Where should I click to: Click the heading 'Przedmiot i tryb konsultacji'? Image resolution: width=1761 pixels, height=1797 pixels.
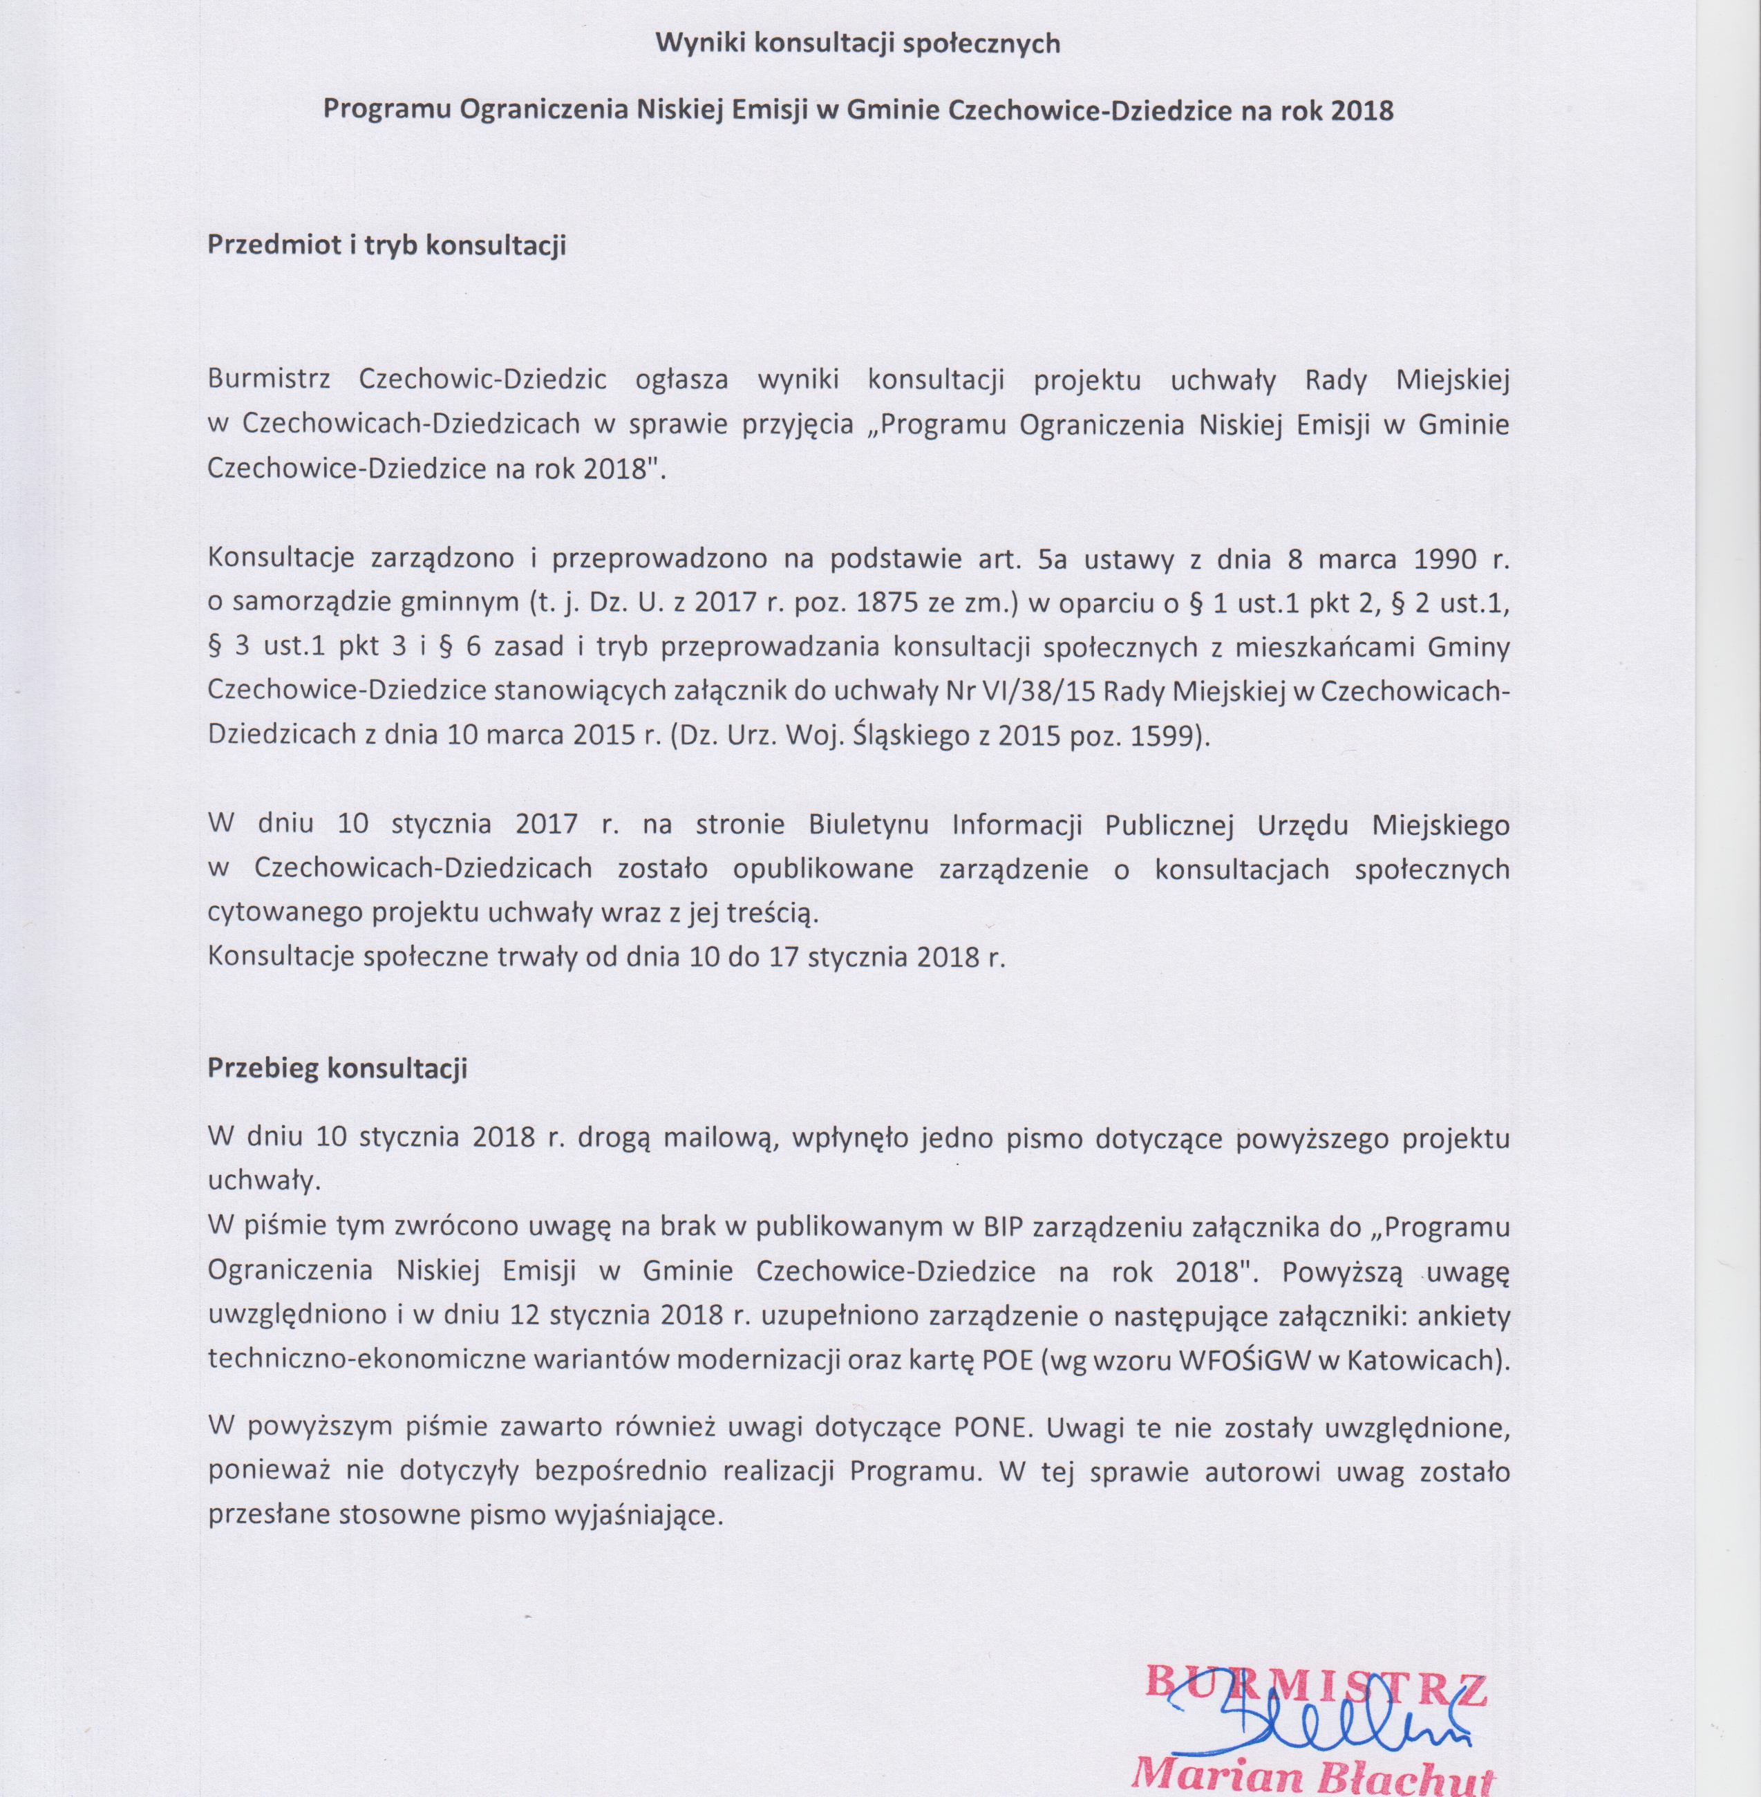pyautogui.click(x=386, y=247)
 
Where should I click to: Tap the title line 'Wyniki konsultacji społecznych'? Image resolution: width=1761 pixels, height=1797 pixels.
pyautogui.click(x=858, y=44)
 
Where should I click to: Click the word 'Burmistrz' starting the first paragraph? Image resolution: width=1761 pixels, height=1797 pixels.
pyautogui.click(x=270, y=380)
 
